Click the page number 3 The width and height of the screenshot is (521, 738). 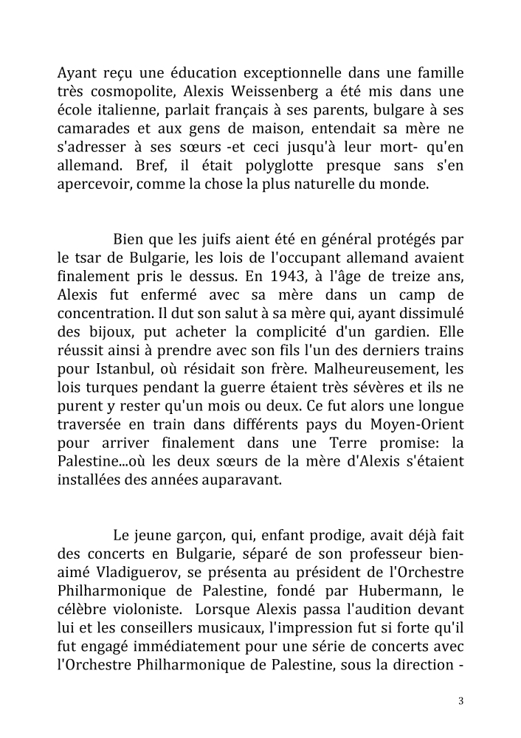coord(460,700)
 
